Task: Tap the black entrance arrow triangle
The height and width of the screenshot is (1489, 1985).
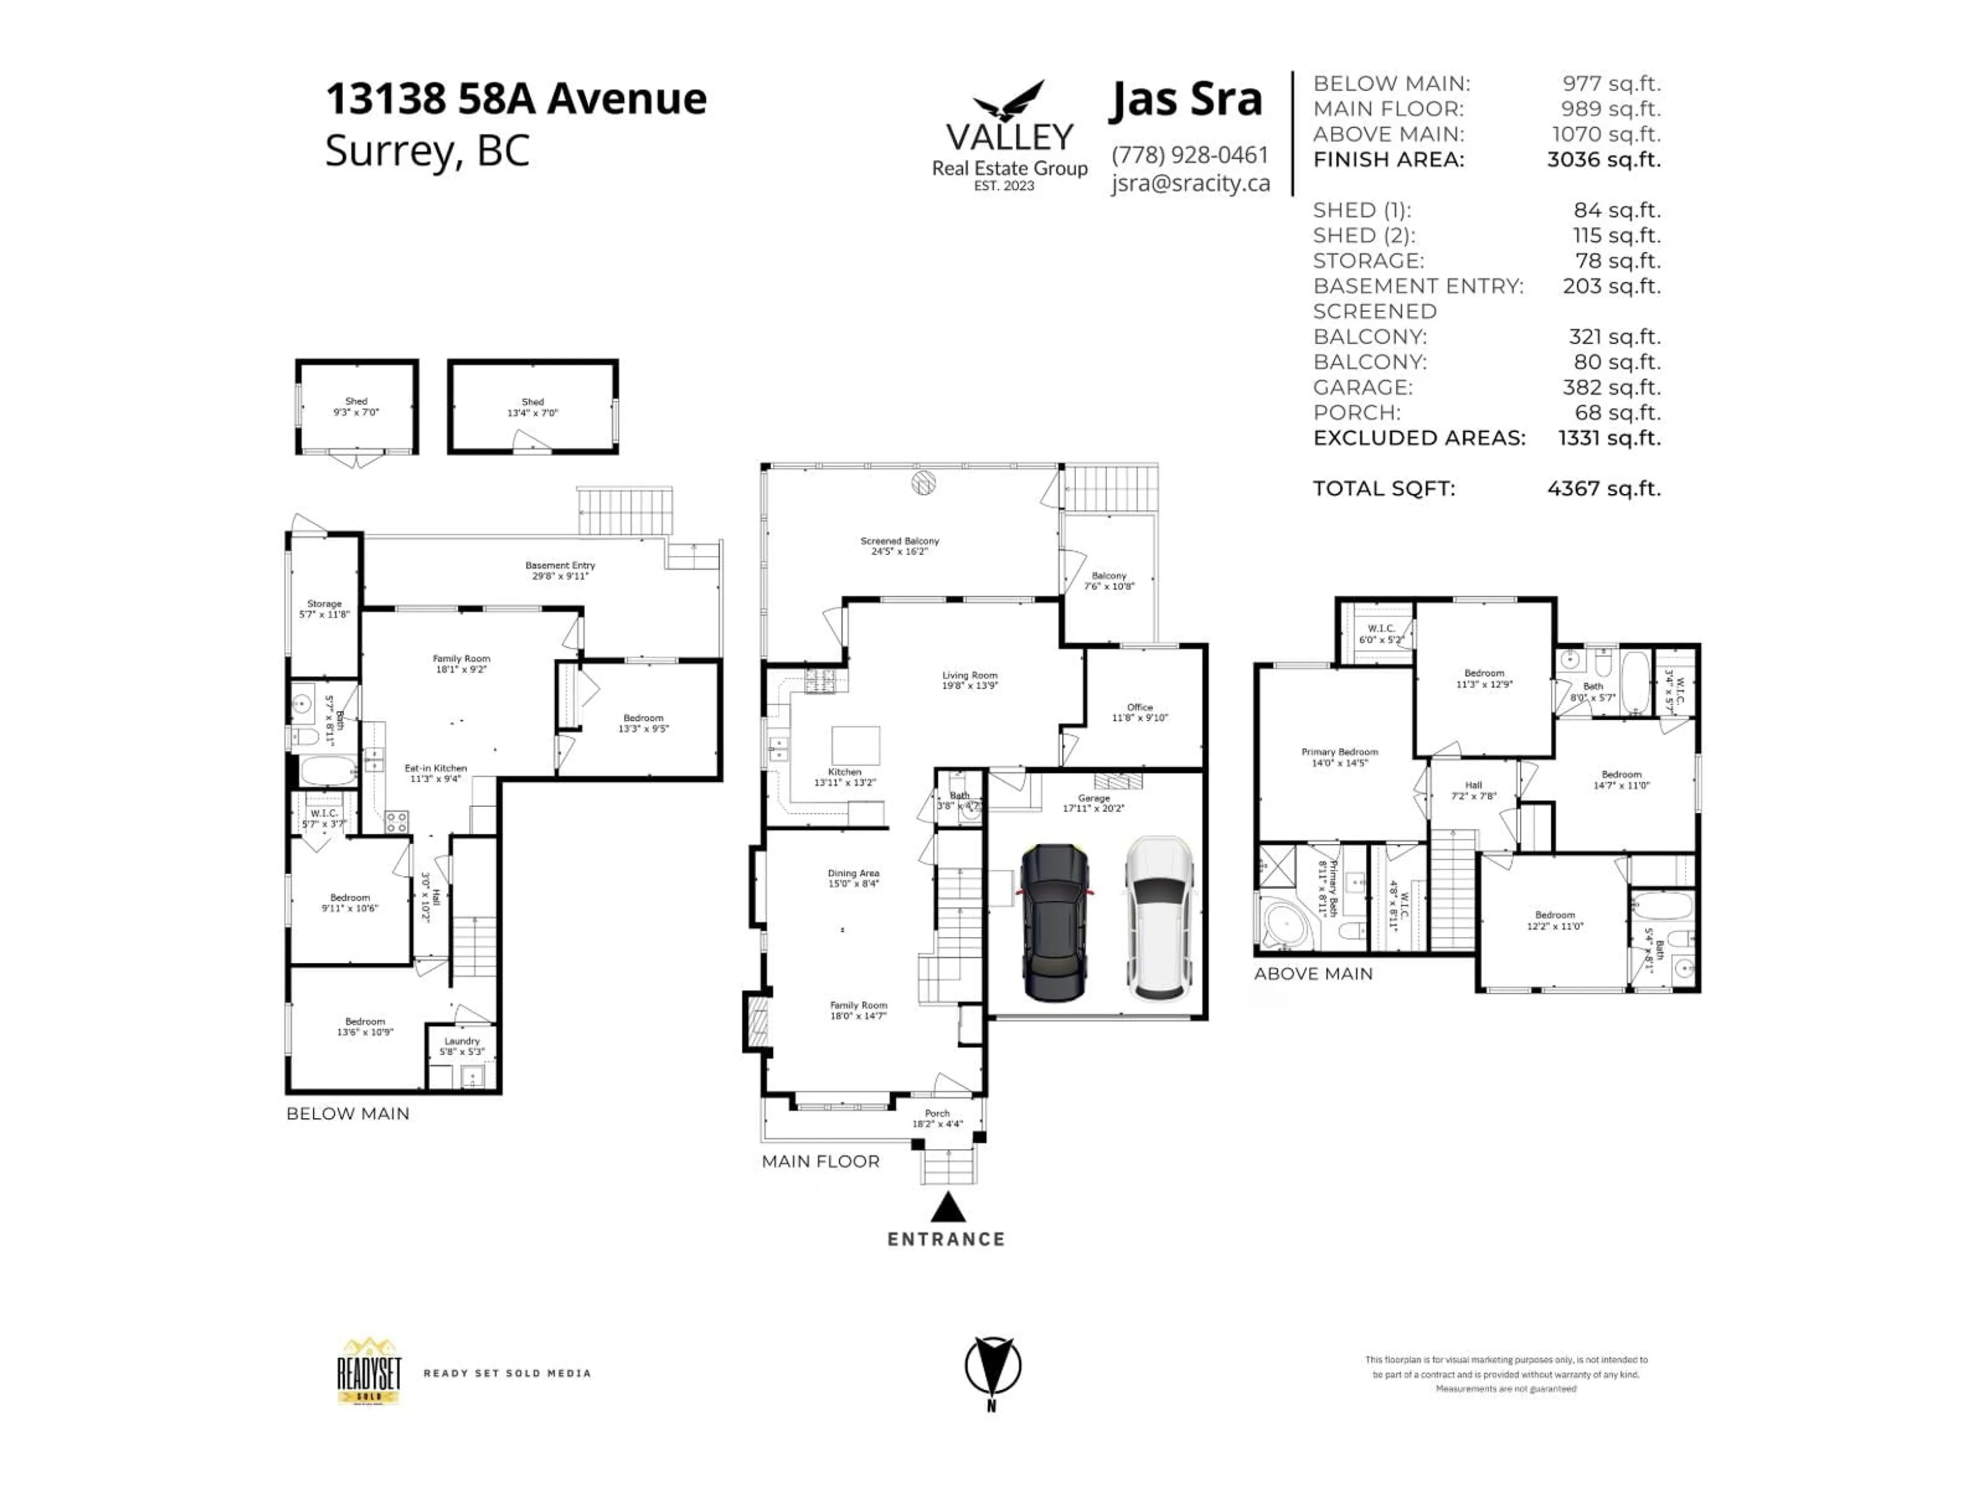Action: [x=948, y=1207]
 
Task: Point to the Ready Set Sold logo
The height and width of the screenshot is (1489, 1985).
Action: [x=369, y=1372]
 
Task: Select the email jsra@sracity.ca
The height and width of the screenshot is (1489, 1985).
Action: [x=1190, y=183]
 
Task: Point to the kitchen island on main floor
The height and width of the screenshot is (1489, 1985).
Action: [x=855, y=745]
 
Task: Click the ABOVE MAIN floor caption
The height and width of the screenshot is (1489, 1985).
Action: [x=1313, y=974]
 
